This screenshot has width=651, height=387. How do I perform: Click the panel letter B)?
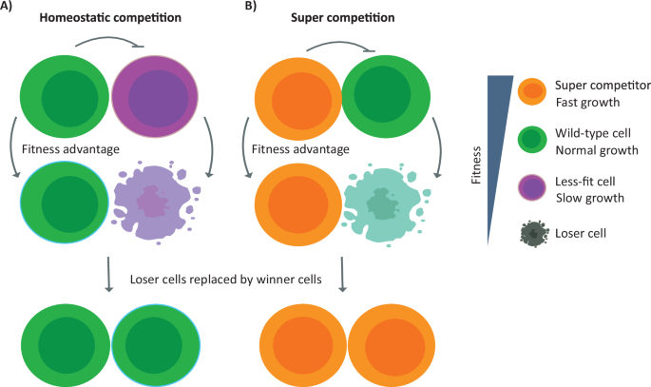pos(252,8)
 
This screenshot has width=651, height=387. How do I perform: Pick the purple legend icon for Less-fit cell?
pos(532,188)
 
